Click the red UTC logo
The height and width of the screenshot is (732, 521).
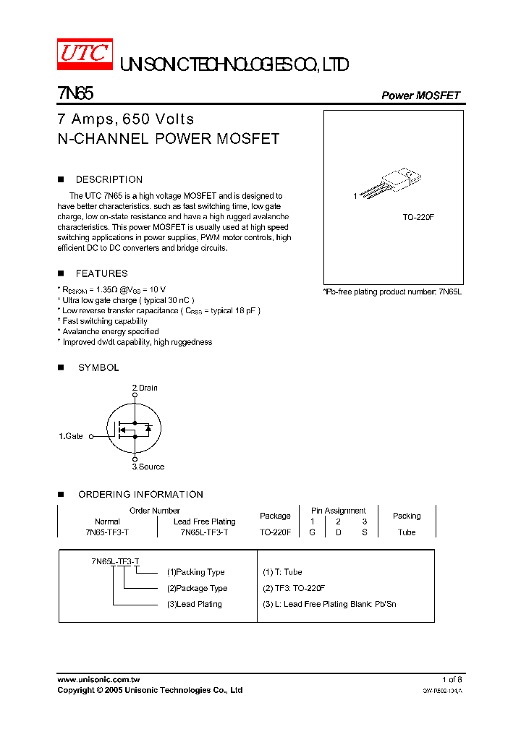pos(85,53)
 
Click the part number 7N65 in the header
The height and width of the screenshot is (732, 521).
pos(75,94)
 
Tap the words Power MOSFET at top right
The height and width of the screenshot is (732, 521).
pos(420,95)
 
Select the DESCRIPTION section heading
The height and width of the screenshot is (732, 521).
pos(109,179)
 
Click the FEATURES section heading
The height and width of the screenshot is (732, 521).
pos(101,273)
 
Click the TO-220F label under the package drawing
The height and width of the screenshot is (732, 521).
pos(418,217)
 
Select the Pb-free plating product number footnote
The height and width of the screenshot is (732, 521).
pos(392,291)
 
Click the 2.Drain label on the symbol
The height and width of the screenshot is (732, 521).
pos(145,388)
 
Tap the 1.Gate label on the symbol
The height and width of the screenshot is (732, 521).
pos(71,436)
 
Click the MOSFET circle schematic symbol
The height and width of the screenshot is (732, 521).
pos(134,429)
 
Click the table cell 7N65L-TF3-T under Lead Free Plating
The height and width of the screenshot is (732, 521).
pos(204,532)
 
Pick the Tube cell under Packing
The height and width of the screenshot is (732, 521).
pos(407,532)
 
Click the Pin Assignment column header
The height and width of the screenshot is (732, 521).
pos(339,511)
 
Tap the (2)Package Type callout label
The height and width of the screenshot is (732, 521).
pos(197,588)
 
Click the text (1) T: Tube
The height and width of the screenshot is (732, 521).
pos(282,572)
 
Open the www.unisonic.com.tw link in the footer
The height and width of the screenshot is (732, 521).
pos(98,679)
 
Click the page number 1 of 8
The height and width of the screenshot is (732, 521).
pos(452,679)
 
